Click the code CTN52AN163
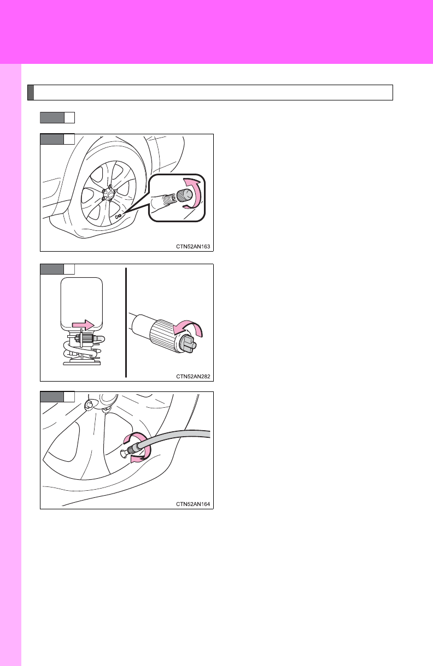click(193, 247)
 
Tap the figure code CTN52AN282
click(193, 377)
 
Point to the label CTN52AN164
click(193, 504)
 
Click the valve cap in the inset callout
click(185, 195)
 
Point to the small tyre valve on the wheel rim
click(118, 217)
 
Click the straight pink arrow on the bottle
click(83, 325)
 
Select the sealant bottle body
click(81, 304)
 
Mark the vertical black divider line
click(126, 323)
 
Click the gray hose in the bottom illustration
click(175, 439)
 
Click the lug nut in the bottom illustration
click(89, 405)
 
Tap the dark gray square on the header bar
click(31, 92)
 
